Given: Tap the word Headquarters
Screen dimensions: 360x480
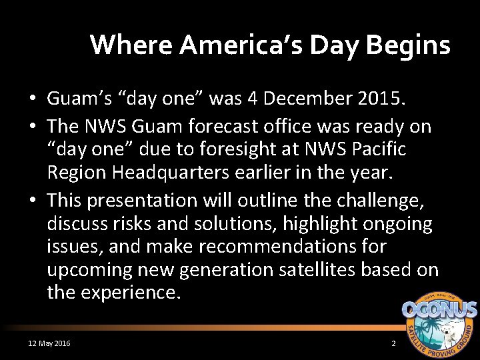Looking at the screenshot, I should [165, 173].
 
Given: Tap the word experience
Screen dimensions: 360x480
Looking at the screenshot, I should [129, 293].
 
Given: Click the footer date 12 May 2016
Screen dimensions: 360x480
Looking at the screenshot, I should [49, 343].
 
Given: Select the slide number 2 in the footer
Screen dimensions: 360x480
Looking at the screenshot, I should [393, 343].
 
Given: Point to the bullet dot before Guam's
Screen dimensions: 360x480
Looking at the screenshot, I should [32, 100].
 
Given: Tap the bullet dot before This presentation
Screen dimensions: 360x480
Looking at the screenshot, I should [32, 201].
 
